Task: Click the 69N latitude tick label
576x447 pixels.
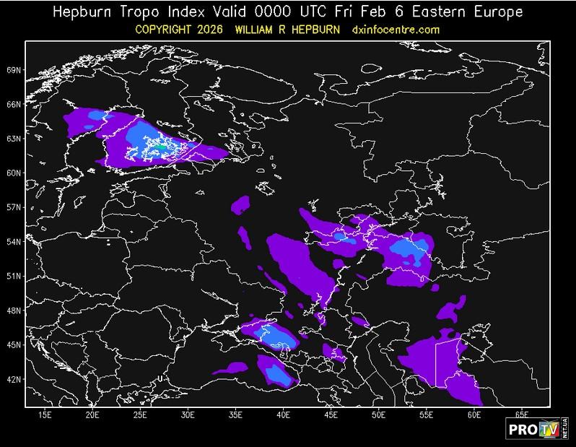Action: (14, 70)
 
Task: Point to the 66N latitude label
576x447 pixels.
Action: (14, 105)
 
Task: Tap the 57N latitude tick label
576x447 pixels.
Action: (14, 207)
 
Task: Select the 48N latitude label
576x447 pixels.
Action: (14, 311)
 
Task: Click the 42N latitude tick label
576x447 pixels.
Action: (14, 379)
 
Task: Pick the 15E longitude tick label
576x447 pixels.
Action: (45, 415)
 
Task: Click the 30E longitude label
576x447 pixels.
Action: (188, 415)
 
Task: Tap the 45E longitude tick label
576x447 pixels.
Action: (331, 415)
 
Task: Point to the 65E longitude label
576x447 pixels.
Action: (522, 415)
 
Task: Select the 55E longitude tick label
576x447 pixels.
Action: (427, 415)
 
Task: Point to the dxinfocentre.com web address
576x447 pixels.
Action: (396, 30)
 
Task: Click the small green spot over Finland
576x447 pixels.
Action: (162, 145)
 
